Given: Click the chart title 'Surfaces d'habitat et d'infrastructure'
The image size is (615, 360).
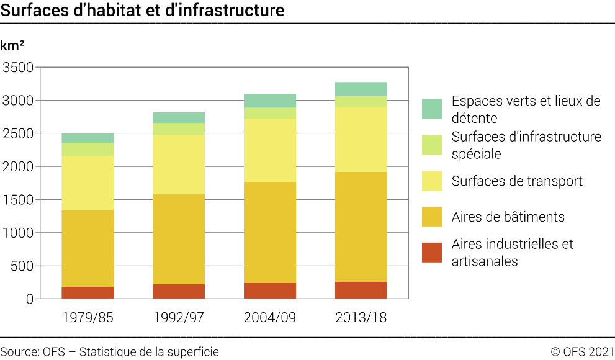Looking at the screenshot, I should [x=143, y=11].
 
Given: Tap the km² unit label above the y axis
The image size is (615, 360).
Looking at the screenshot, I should [x=13, y=45].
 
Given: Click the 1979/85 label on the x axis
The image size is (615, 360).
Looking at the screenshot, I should [x=88, y=318].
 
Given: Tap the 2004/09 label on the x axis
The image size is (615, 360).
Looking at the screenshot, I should [x=270, y=318].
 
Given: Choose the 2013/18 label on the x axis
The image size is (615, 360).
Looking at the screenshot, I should [x=361, y=318].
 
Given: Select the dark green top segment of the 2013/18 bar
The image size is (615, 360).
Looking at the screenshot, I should [x=361, y=89].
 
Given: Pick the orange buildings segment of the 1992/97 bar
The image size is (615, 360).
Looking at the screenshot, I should [x=179, y=239].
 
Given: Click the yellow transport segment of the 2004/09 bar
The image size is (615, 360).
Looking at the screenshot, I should [x=270, y=150].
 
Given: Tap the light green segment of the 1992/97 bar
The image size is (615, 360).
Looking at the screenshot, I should [x=179, y=128].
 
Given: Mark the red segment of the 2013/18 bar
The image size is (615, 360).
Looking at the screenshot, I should [x=361, y=290].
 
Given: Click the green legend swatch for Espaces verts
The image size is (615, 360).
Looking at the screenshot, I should [x=432, y=109].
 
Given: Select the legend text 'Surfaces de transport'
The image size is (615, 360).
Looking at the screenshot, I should [x=517, y=181].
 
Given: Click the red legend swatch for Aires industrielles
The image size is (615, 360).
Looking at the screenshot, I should [x=432, y=253].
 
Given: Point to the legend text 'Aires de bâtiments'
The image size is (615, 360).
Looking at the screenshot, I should [x=508, y=217].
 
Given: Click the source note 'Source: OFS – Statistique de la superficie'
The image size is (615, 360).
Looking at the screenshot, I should [x=109, y=352].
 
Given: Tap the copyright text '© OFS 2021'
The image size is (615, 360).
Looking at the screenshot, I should [x=582, y=352].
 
